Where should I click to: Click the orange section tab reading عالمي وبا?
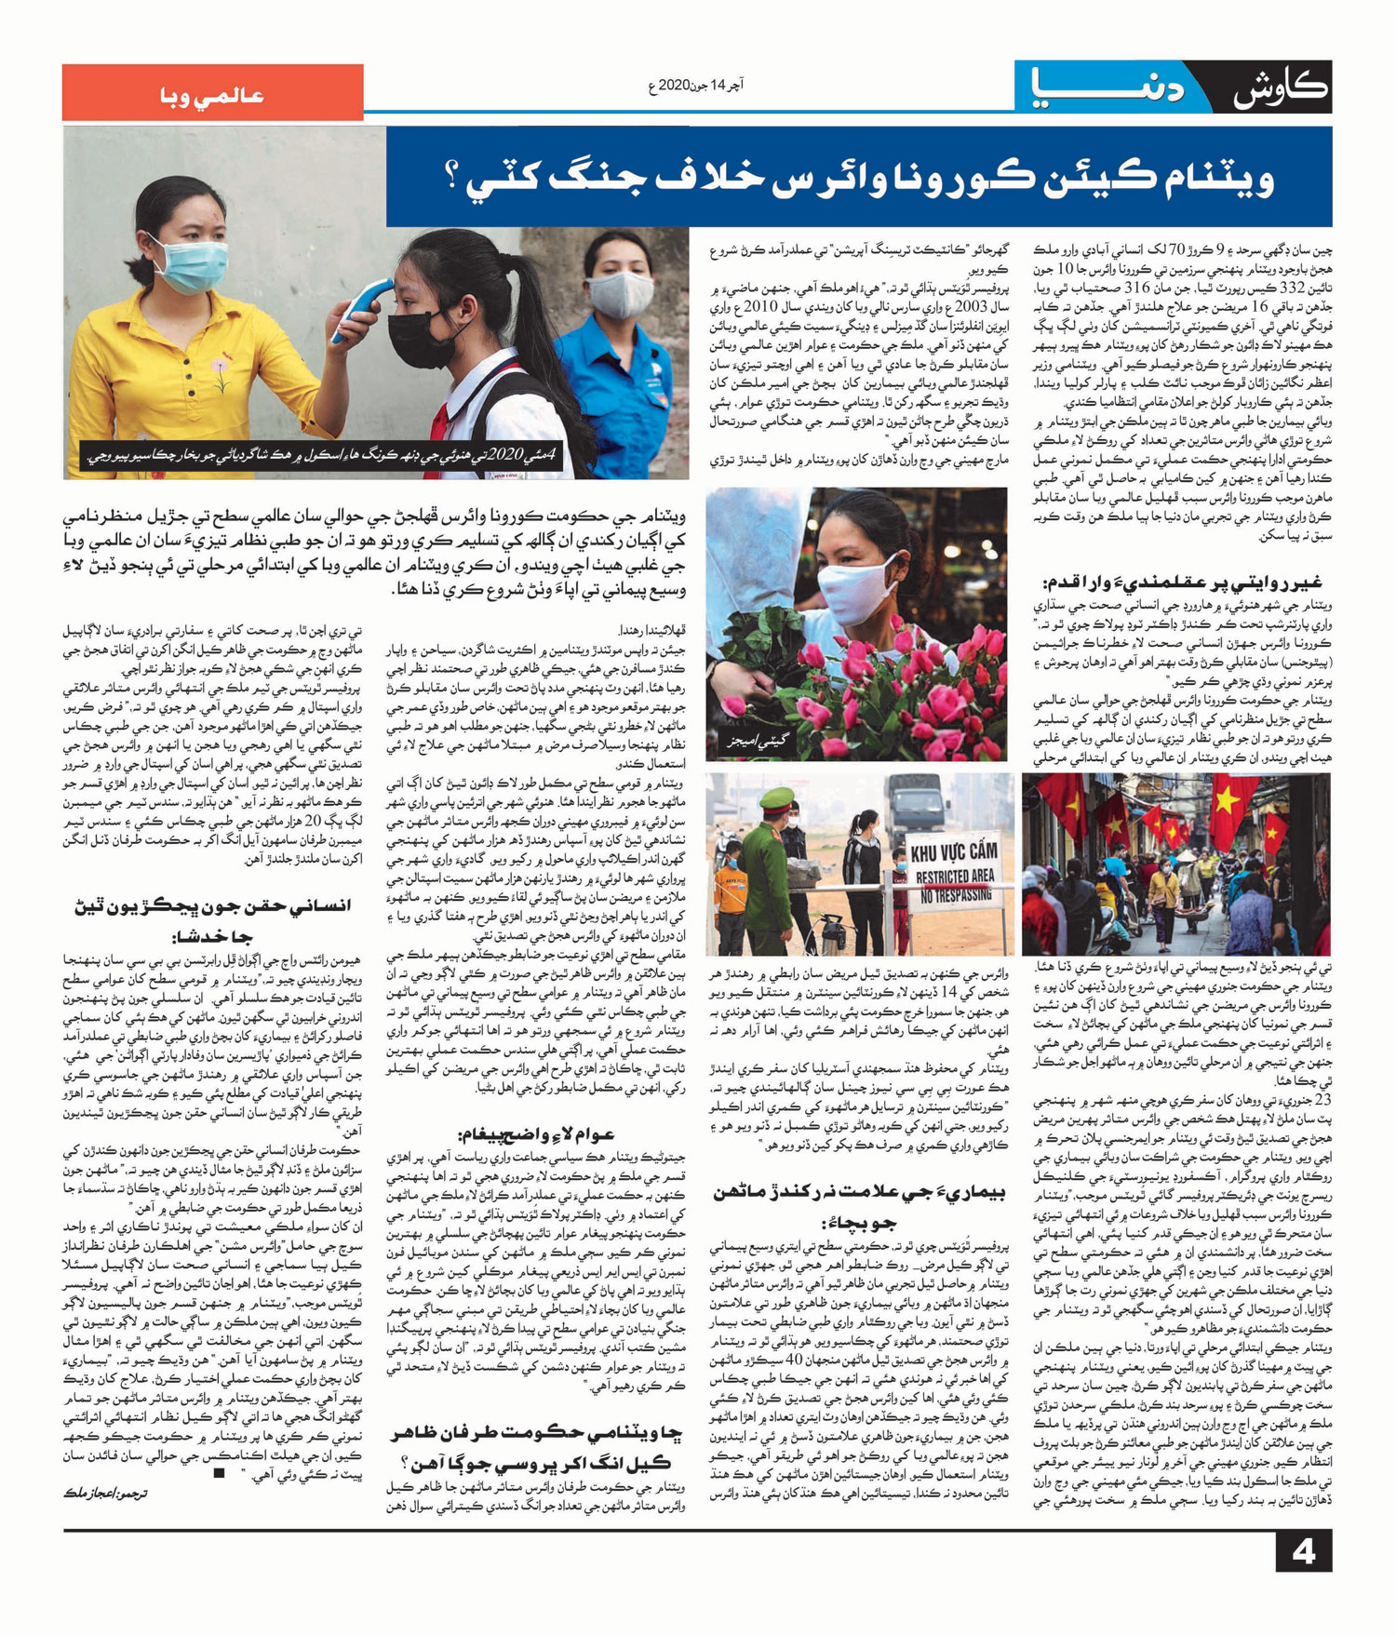pos(212,95)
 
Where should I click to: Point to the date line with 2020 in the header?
pos(695,86)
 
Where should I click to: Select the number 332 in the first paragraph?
pos(1248,288)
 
